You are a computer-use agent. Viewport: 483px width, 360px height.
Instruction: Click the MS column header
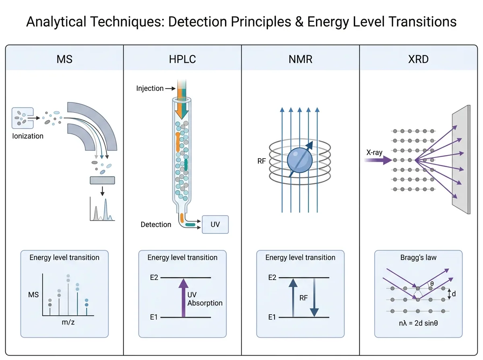(x=64, y=59)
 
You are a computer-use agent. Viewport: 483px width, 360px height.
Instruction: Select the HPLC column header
(x=182, y=59)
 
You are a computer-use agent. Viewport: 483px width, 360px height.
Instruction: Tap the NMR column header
(x=300, y=59)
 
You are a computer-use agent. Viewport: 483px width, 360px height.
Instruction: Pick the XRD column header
(x=418, y=59)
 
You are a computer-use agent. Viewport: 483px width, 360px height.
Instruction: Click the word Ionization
(x=28, y=136)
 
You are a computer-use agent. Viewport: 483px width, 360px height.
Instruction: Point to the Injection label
(x=150, y=88)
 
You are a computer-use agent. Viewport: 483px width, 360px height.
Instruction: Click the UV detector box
(x=215, y=224)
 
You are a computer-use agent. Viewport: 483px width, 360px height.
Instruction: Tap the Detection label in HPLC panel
(x=156, y=225)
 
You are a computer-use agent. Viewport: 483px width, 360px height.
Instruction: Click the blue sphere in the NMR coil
(x=300, y=160)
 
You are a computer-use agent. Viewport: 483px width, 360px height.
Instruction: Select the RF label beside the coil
(x=262, y=161)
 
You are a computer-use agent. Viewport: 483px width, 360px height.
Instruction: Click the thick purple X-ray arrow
(x=378, y=160)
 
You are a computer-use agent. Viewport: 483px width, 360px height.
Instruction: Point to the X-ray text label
(x=374, y=152)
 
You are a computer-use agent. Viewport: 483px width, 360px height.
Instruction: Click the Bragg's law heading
(x=418, y=258)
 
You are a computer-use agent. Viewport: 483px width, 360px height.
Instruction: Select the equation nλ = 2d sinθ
(x=418, y=323)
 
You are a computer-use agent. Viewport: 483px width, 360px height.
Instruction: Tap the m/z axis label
(x=68, y=322)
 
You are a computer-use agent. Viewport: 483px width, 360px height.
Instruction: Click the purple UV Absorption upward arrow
(x=183, y=298)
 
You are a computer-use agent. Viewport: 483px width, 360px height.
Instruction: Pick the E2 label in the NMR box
(x=272, y=277)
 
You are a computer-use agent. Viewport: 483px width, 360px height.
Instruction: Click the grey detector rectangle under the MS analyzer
(x=102, y=180)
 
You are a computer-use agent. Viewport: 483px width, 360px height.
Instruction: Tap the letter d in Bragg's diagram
(x=454, y=294)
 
